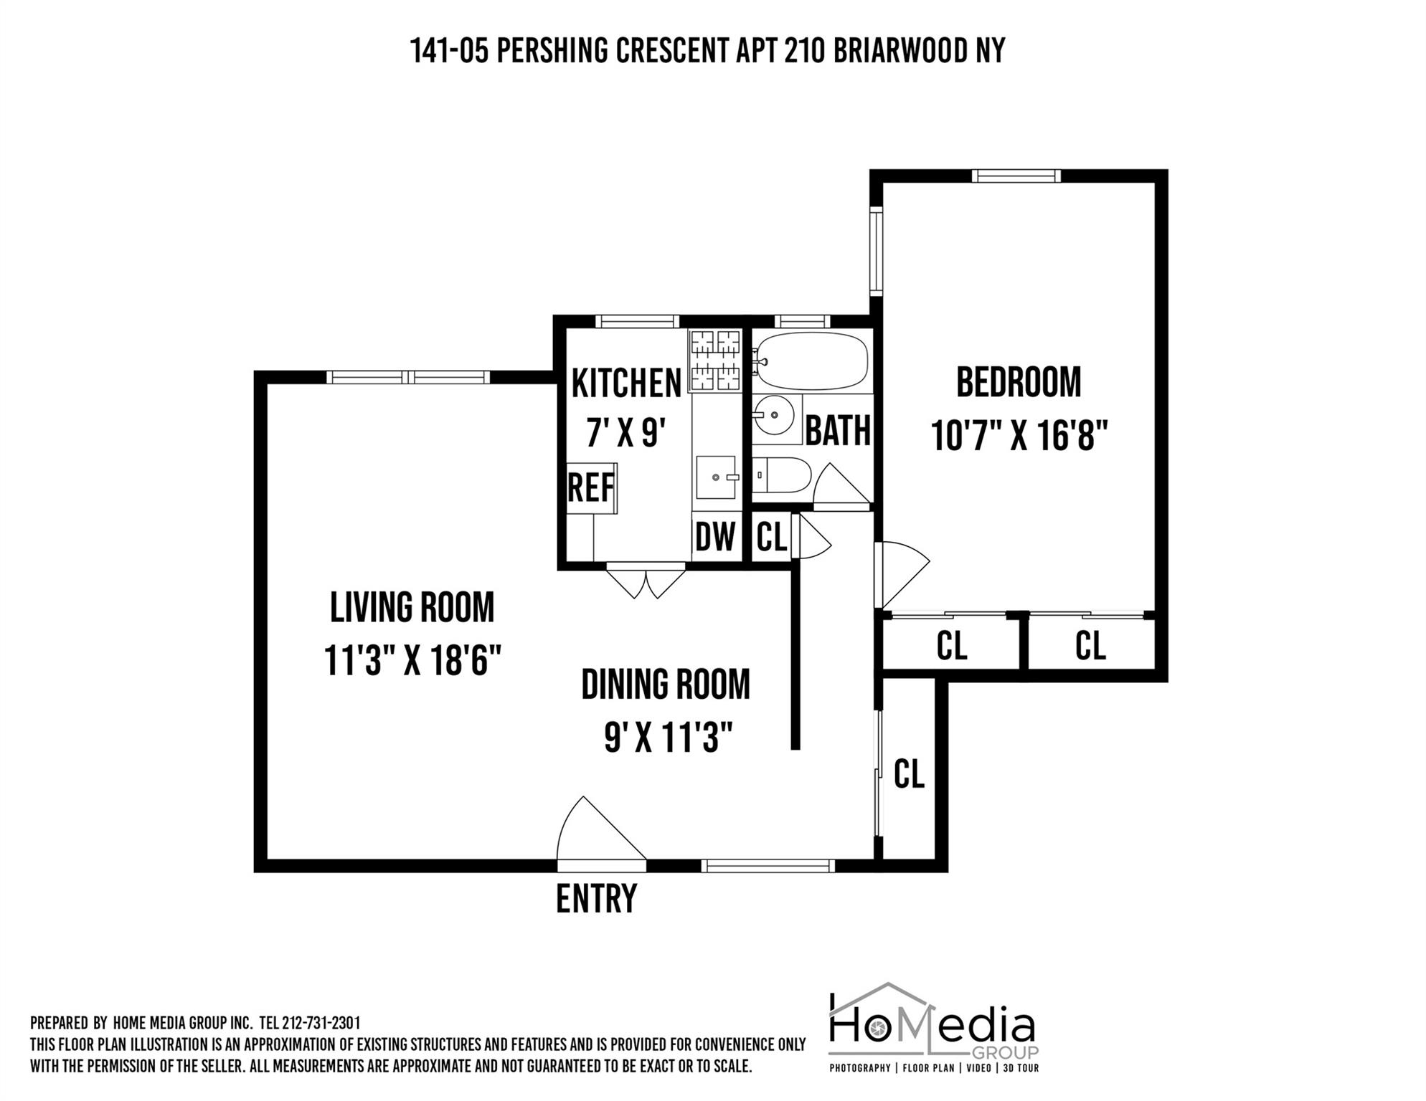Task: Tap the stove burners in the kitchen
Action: point(714,361)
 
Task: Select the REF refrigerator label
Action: point(590,488)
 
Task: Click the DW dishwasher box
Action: point(715,536)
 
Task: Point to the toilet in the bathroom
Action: point(783,475)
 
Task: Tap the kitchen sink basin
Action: point(715,477)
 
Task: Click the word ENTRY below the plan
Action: point(596,899)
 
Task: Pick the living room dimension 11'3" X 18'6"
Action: point(412,660)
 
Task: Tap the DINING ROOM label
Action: point(665,685)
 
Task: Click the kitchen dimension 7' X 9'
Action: point(626,433)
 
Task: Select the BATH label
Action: point(838,431)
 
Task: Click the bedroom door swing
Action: point(902,571)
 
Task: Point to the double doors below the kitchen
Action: point(646,582)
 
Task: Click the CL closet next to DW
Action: point(772,536)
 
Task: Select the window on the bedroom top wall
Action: point(1016,176)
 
